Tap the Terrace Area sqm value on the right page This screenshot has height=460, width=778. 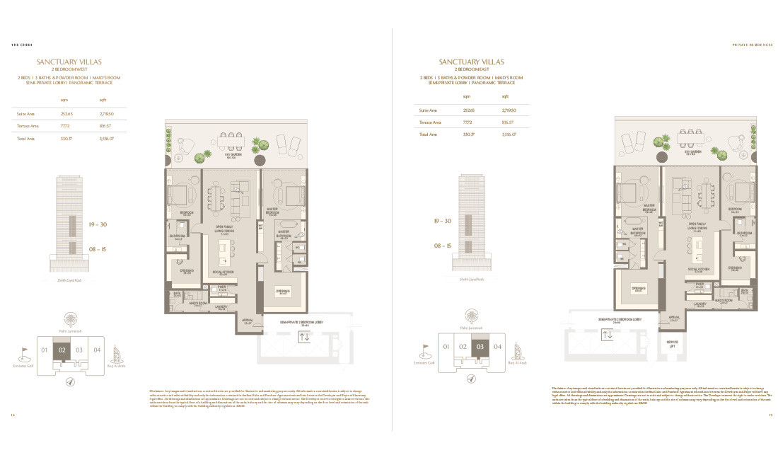point(468,121)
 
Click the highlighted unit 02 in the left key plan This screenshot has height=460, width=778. point(62,350)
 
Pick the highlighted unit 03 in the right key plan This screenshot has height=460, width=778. point(480,346)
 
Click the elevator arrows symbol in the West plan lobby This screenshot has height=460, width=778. point(305,337)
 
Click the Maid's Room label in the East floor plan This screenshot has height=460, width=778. point(722,301)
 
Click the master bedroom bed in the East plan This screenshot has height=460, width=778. point(628,192)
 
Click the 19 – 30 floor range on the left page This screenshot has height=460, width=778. point(98,224)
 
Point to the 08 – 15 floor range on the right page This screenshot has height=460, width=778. point(443,246)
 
